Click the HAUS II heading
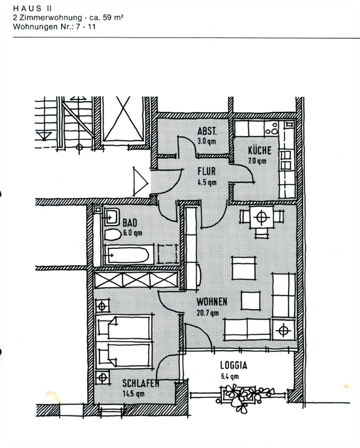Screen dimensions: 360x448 click(x=32, y=8)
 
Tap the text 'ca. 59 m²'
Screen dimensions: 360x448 click(x=106, y=17)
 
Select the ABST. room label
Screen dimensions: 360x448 click(x=207, y=131)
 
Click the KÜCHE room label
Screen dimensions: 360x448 click(x=260, y=150)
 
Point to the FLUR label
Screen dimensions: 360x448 click(x=206, y=171)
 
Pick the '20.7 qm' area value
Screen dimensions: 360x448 click(x=208, y=313)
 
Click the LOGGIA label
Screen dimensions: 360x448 click(x=233, y=365)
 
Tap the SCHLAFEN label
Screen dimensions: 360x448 click(x=141, y=383)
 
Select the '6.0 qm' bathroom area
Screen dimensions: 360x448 click(x=132, y=233)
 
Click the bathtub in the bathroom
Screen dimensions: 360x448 click(x=128, y=255)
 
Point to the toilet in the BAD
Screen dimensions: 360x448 click(x=112, y=234)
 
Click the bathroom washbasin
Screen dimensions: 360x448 click(x=112, y=216)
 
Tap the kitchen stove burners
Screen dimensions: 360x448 click(x=272, y=129)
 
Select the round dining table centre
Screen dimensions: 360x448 click(x=262, y=217)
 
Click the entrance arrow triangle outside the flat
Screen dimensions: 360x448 click(x=141, y=182)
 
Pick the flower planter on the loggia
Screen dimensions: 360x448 click(x=246, y=396)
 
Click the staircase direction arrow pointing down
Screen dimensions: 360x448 click(x=44, y=135)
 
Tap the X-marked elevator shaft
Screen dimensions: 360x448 click(x=123, y=119)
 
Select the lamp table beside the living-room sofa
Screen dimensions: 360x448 click(x=283, y=331)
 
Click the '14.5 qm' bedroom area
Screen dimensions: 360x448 click(x=133, y=393)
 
